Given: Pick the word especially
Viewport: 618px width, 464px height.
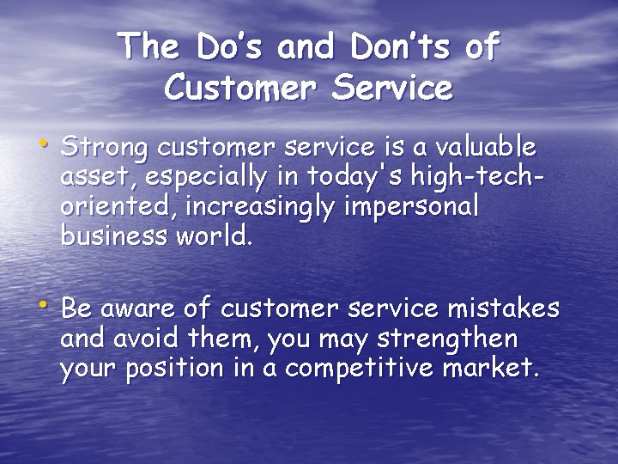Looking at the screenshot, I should pyautogui.click(x=205, y=178).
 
